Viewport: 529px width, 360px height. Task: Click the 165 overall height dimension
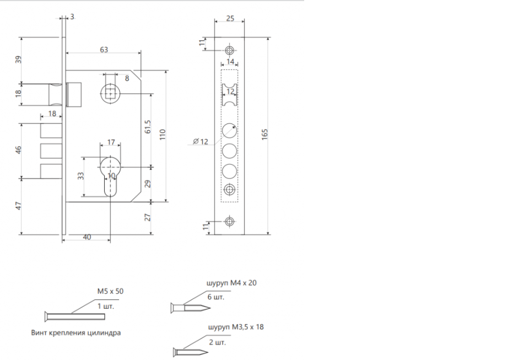point(264,135)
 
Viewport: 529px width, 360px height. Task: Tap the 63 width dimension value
point(104,50)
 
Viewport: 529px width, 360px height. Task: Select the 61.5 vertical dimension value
point(148,126)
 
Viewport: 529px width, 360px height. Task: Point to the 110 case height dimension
point(163,135)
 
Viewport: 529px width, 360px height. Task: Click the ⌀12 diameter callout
point(201,141)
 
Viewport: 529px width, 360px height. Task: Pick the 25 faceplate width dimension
point(230,18)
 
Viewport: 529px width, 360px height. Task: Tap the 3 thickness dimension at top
point(72,17)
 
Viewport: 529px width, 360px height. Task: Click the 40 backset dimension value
point(87,237)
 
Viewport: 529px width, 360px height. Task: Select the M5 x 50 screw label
point(110,291)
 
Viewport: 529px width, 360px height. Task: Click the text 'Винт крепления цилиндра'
point(76,332)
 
